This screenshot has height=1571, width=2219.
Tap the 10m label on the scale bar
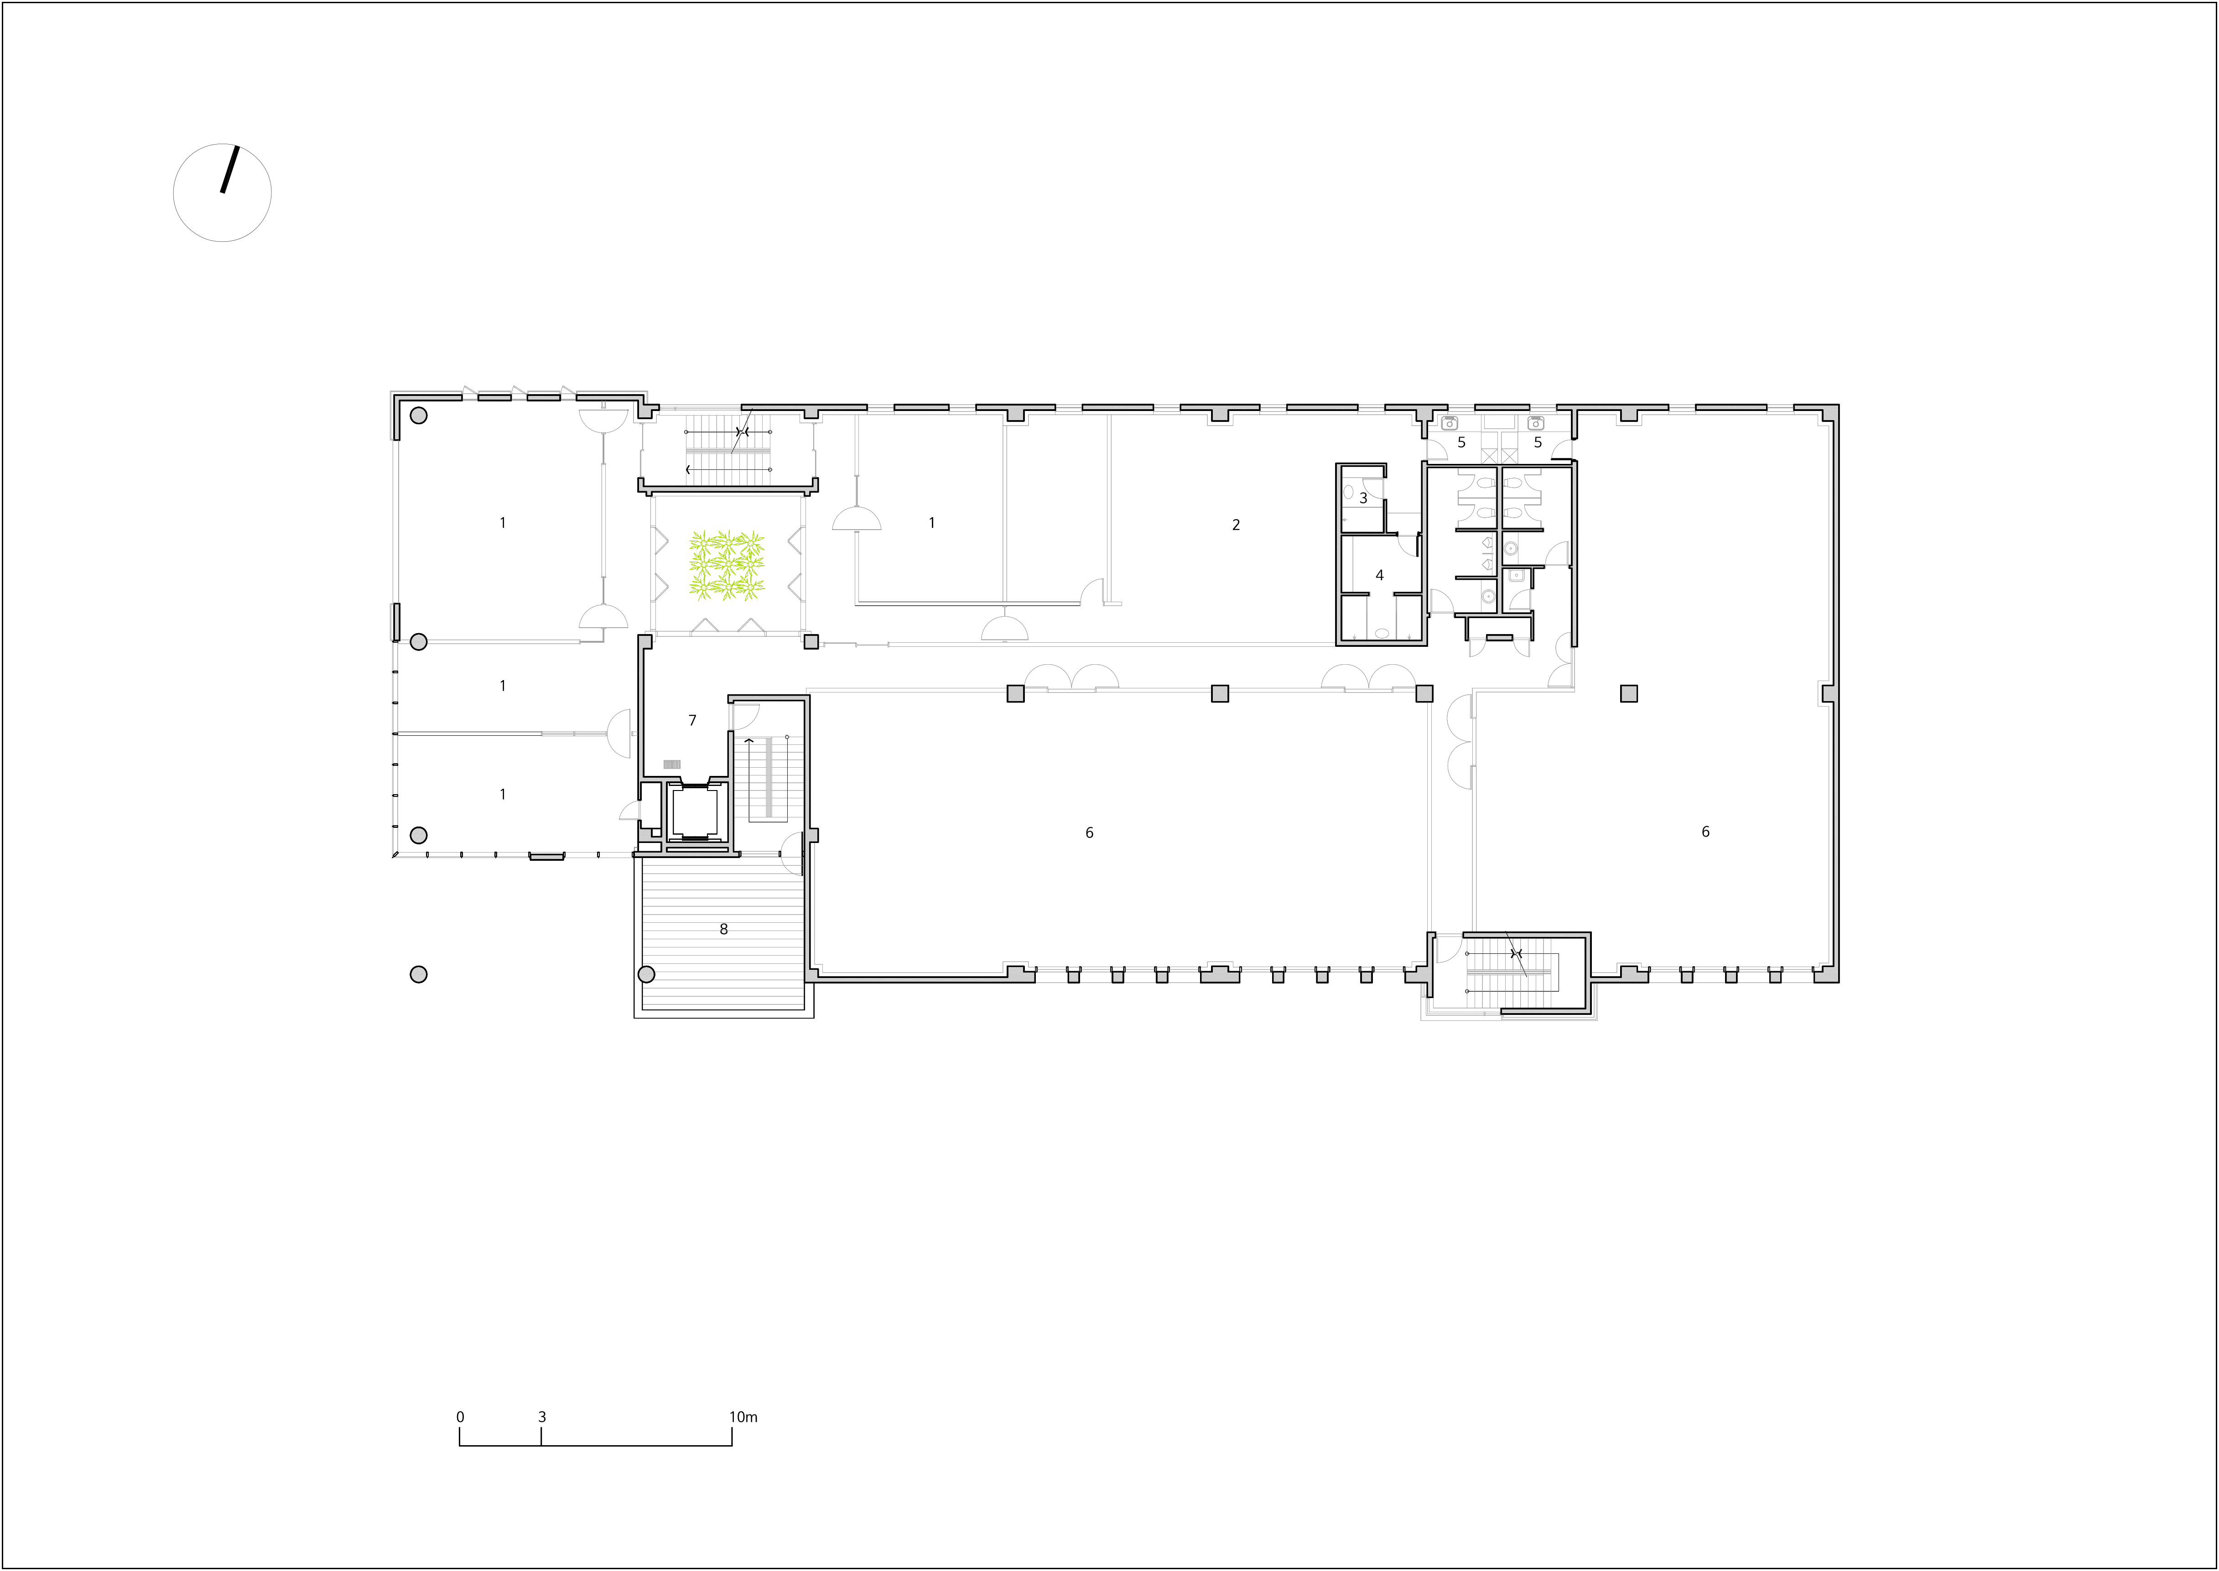point(743,1417)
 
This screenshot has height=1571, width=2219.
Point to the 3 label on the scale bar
point(542,1417)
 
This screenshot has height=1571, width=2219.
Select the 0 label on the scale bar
point(460,1417)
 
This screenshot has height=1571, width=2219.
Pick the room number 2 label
point(1235,525)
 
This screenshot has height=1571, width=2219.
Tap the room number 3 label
point(1364,498)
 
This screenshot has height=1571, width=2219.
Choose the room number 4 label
point(1379,576)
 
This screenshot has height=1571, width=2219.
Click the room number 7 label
point(692,721)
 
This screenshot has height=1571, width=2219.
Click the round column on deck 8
point(646,974)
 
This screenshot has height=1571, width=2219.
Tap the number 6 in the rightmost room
point(1705,832)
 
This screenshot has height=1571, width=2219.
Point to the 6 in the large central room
point(1089,833)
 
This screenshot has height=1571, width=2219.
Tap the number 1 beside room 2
point(931,523)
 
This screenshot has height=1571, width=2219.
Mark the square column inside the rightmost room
point(1629,694)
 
